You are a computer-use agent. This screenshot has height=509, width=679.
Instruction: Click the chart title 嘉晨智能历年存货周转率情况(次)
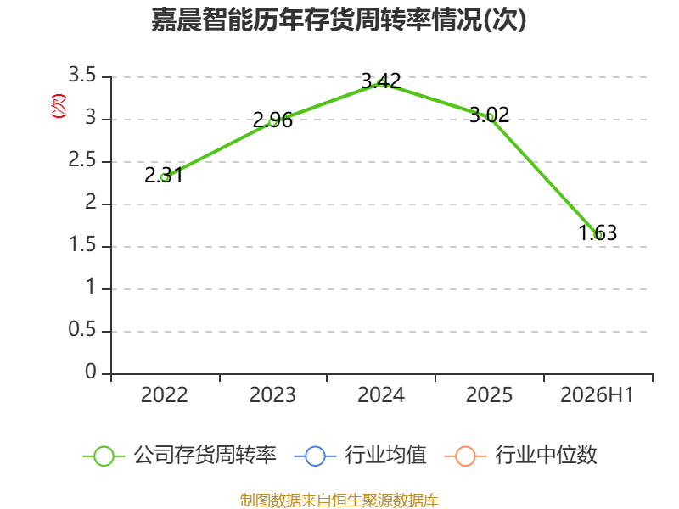click(339, 20)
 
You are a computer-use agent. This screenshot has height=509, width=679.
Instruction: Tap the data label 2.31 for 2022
click(164, 176)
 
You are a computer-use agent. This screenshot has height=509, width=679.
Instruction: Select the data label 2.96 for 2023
click(272, 120)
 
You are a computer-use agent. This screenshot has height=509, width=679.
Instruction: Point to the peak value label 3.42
click(381, 81)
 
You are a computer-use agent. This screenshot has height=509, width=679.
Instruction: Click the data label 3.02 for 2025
click(490, 115)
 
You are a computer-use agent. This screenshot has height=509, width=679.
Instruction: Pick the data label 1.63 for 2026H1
click(598, 232)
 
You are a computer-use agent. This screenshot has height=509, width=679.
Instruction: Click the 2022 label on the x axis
click(164, 394)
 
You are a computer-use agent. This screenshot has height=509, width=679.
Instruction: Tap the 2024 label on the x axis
click(381, 394)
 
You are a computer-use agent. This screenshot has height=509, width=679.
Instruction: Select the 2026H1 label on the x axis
click(598, 394)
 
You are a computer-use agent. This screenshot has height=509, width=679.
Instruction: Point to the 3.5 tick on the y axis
click(82, 75)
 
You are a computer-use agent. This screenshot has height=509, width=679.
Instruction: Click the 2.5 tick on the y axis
click(82, 159)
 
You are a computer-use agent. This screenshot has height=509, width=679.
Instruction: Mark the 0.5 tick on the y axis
click(82, 329)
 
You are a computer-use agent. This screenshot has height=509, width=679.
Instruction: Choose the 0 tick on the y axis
click(91, 372)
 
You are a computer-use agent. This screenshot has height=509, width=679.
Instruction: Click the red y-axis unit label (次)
click(59, 106)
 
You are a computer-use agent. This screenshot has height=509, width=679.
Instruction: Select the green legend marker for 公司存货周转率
click(104, 456)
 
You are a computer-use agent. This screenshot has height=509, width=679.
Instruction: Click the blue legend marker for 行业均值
click(315, 456)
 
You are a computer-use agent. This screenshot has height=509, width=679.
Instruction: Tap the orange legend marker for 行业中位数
click(465, 456)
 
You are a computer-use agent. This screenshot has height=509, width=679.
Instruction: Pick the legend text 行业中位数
click(546, 456)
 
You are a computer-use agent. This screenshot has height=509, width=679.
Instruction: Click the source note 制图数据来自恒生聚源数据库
click(339, 501)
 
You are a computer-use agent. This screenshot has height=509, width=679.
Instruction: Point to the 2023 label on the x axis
click(272, 394)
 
